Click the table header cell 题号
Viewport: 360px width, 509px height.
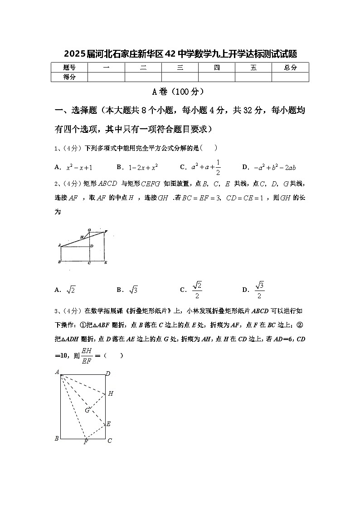click(69, 68)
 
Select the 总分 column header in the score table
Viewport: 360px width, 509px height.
click(290, 68)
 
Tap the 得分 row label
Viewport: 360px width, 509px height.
click(69, 77)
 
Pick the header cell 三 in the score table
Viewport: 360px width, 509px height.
click(180, 68)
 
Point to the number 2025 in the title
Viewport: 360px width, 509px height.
click(74, 54)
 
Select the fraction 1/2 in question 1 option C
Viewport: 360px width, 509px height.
click(218, 167)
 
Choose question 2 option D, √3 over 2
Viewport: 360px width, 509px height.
click(259, 290)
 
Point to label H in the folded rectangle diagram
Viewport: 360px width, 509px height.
click(110, 393)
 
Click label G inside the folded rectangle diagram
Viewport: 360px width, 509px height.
click(87, 410)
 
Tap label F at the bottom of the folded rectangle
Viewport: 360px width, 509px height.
click(85, 442)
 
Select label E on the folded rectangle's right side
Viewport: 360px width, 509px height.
click(108, 424)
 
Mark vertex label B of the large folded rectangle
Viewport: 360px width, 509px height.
click(57, 438)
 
